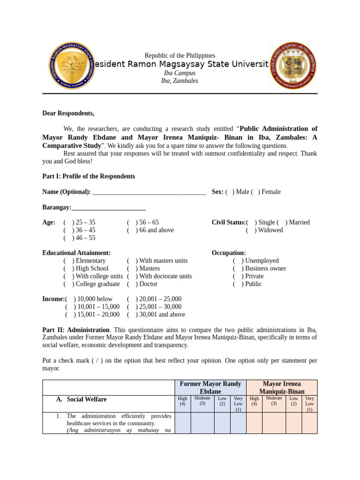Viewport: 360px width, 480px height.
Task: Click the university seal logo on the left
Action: pos(72,65)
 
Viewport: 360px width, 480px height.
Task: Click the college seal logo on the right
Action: pos(293,65)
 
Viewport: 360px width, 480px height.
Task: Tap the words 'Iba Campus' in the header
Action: pos(180,73)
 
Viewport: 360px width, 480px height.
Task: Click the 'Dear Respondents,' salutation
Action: pos(68,113)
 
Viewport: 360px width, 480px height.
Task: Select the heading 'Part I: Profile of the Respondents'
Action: pos(89,176)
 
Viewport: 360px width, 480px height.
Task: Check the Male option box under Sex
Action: pos(230,192)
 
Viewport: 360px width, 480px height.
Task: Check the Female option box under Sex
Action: pos(255,192)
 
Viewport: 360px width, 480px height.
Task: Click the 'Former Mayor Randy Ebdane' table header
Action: pos(210,388)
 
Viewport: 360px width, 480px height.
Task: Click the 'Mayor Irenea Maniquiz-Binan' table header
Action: pos(282,388)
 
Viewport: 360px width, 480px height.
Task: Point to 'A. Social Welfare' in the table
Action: pos(82,399)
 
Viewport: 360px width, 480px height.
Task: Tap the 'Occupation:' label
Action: pos(229,253)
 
